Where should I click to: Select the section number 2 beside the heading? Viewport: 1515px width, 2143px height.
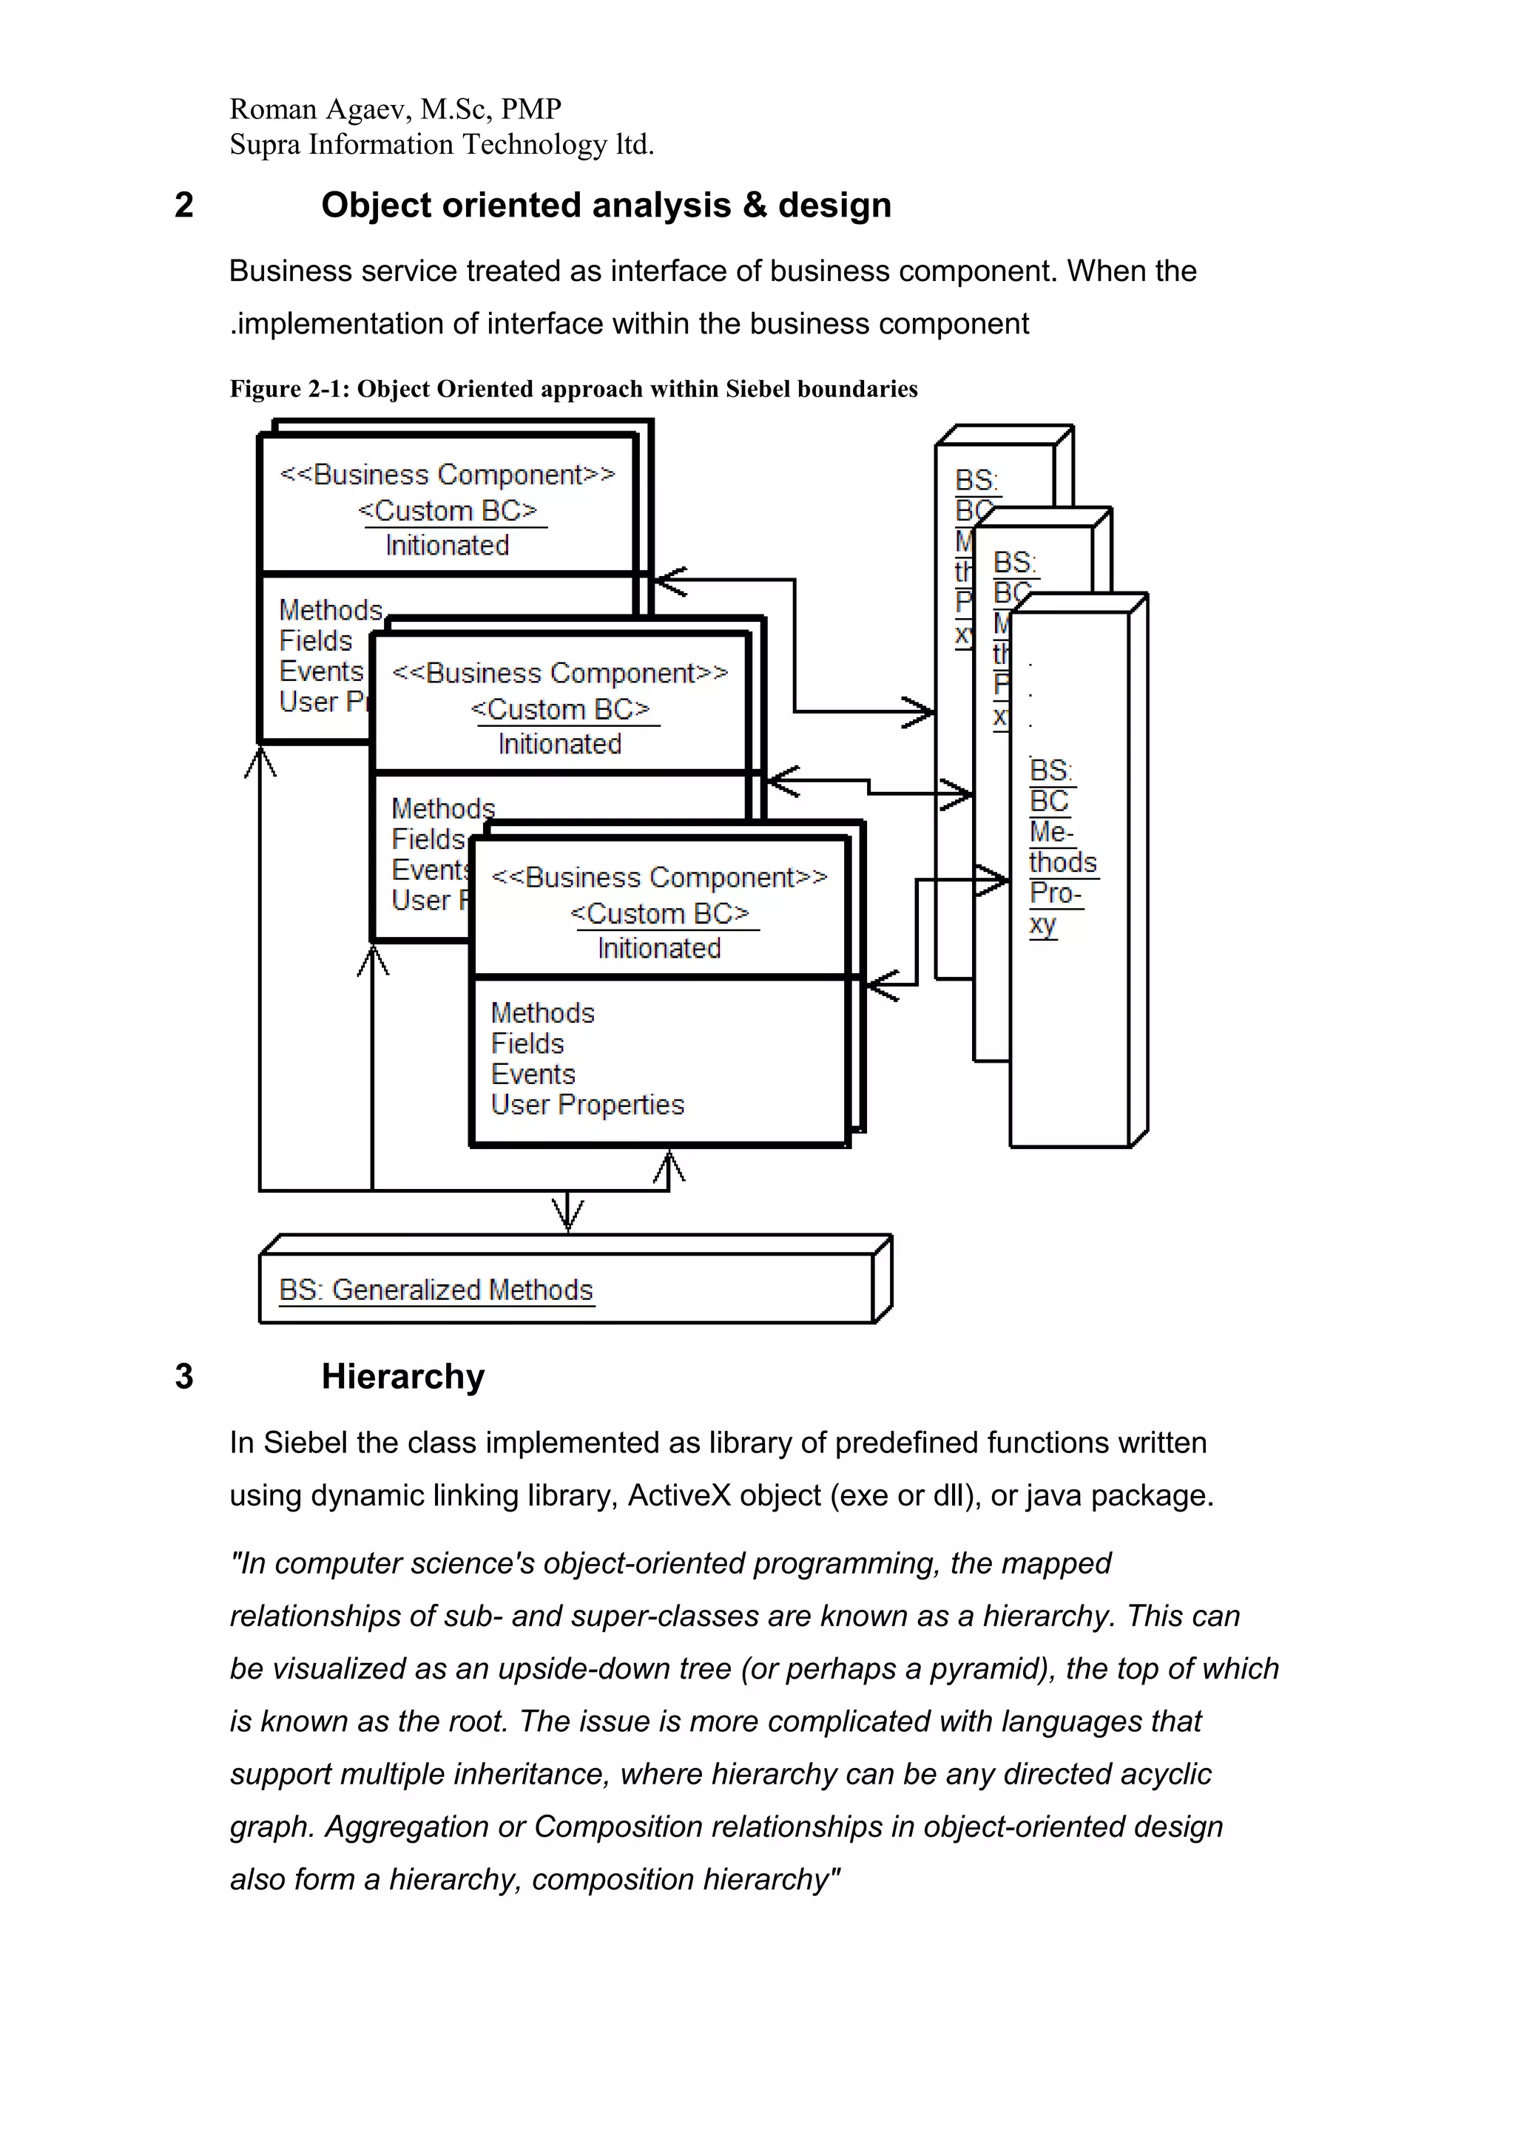pos(184,206)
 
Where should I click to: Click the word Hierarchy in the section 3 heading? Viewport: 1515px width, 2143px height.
pos(402,1377)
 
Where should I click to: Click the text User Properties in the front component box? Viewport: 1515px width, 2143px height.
pos(587,1105)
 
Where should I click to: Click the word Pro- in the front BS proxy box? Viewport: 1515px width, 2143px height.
pos(1055,893)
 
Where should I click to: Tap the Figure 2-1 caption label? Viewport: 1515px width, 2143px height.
pos(289,389)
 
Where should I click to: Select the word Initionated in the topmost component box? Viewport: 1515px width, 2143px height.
pos(447,545)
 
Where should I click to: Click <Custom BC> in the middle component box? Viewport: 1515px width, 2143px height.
pos(560,709)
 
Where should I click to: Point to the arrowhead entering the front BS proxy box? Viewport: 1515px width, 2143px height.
pos(993,879)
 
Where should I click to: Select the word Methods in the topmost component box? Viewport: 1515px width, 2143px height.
pos(331,610)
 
